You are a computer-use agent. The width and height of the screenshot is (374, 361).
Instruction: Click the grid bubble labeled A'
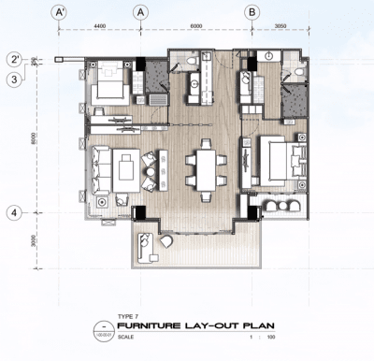click(x=60, y=12)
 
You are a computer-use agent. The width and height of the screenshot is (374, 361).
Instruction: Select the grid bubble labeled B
click(x=252, y=12)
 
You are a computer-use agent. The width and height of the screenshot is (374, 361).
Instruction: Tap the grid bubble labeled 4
click(x=15, y=211)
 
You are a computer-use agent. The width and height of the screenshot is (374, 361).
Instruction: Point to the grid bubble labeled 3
click(x=15, y=79)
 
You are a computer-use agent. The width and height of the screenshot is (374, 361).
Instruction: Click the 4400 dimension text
click(x=100, y=27)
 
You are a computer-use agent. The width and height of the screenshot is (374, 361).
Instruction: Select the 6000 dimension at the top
click(x=195, y=27)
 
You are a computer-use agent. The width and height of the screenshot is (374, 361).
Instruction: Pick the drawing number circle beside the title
click(x=103, y=328)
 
